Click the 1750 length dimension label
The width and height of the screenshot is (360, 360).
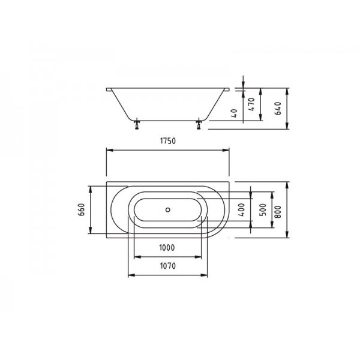pos(168,141)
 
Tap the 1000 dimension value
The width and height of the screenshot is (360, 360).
pos(167,247)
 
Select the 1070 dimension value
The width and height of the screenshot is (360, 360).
pos(168,266)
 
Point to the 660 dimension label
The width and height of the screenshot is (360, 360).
pos(82,209)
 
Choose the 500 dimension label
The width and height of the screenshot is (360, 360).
pos(263,209)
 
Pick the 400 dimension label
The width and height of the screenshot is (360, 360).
pos(242,209)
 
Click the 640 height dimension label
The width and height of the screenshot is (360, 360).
pos(278,109)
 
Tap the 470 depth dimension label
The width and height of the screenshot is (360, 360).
pos(251,104)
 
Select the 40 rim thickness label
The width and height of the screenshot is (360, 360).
pos(235,113)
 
